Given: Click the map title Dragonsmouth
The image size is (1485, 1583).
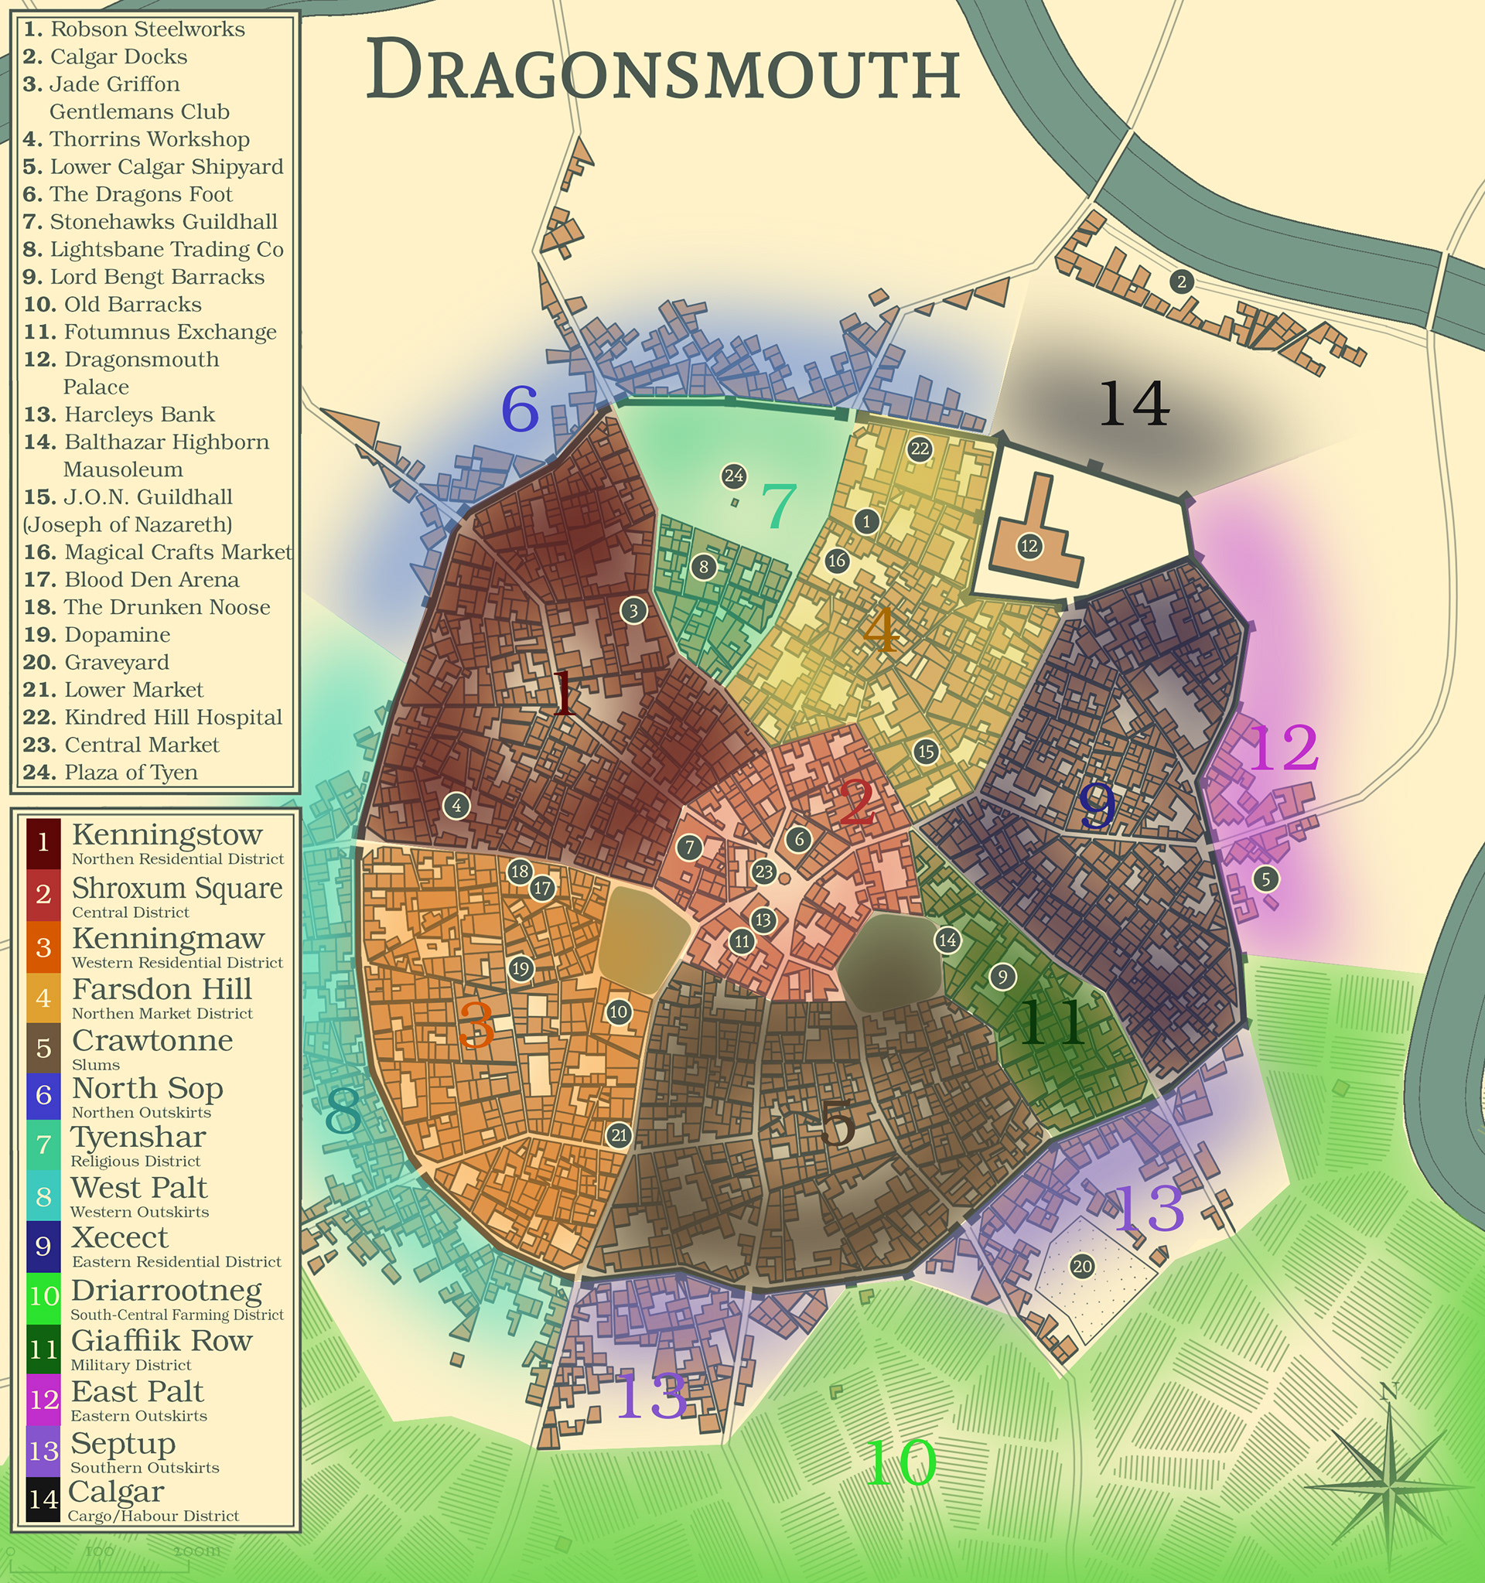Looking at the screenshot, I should [x=663, y=72].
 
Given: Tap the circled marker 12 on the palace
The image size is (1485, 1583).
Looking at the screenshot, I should [x=1029, y=546].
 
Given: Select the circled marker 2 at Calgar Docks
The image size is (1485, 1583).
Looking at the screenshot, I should [x=1182, y=281].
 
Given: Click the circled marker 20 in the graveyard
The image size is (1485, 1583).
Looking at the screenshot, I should [x=1082, y=1266].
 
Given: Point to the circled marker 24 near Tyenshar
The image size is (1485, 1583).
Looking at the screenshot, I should [x=733, y=476].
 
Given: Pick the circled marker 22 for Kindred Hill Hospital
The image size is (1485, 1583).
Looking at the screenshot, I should [x=920, y=449].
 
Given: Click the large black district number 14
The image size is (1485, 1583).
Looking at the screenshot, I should [x=1134, y=404].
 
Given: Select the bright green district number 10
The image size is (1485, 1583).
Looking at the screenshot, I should [x=900, y=1462].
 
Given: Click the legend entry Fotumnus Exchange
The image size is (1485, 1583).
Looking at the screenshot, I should [x=169, y=332].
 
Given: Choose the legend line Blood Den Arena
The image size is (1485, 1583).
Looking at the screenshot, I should [x=152, y=580].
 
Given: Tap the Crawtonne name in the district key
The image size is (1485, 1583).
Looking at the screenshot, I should [x=152, y=1041].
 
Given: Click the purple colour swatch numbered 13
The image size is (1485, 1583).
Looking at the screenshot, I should [x=43, y=1451].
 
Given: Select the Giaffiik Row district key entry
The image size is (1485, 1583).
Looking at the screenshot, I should [x=161, y=1341].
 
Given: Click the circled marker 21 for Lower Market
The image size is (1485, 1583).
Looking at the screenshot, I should [x=619, y=1135].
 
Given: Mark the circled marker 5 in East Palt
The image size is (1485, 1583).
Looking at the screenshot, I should [x=1265, y=879].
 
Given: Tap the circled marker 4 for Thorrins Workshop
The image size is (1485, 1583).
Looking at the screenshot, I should [x=456, y=805].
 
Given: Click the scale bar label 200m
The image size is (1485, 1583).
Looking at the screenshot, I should [x=196, y=1551].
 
